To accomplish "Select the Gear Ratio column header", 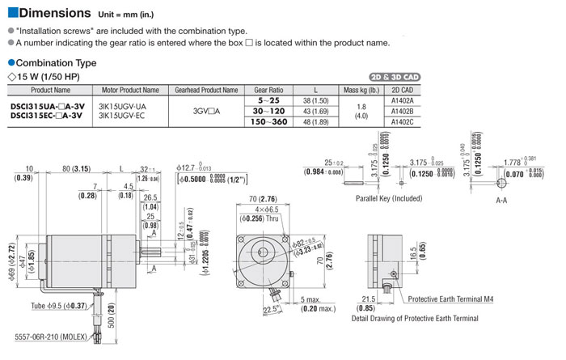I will point(268,90).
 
